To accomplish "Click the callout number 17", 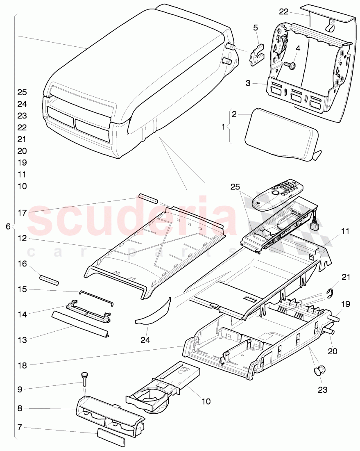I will pos(22,213).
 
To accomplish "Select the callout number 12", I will pos(22,238).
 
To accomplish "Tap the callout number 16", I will pos(22,264).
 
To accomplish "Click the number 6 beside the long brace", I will pos(9,226).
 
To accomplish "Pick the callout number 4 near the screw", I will pos(298,48).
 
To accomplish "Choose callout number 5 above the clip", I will pos(256,28).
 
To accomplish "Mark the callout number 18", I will pos(22,364).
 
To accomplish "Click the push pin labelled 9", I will pos(85,376).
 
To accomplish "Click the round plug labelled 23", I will pos(319,371).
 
